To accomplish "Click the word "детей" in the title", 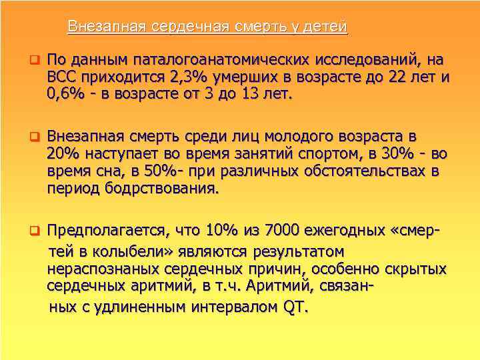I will (x=326, y=27).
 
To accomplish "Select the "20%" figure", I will (x=63, y=154).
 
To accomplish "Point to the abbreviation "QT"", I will (x=295, y=309).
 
